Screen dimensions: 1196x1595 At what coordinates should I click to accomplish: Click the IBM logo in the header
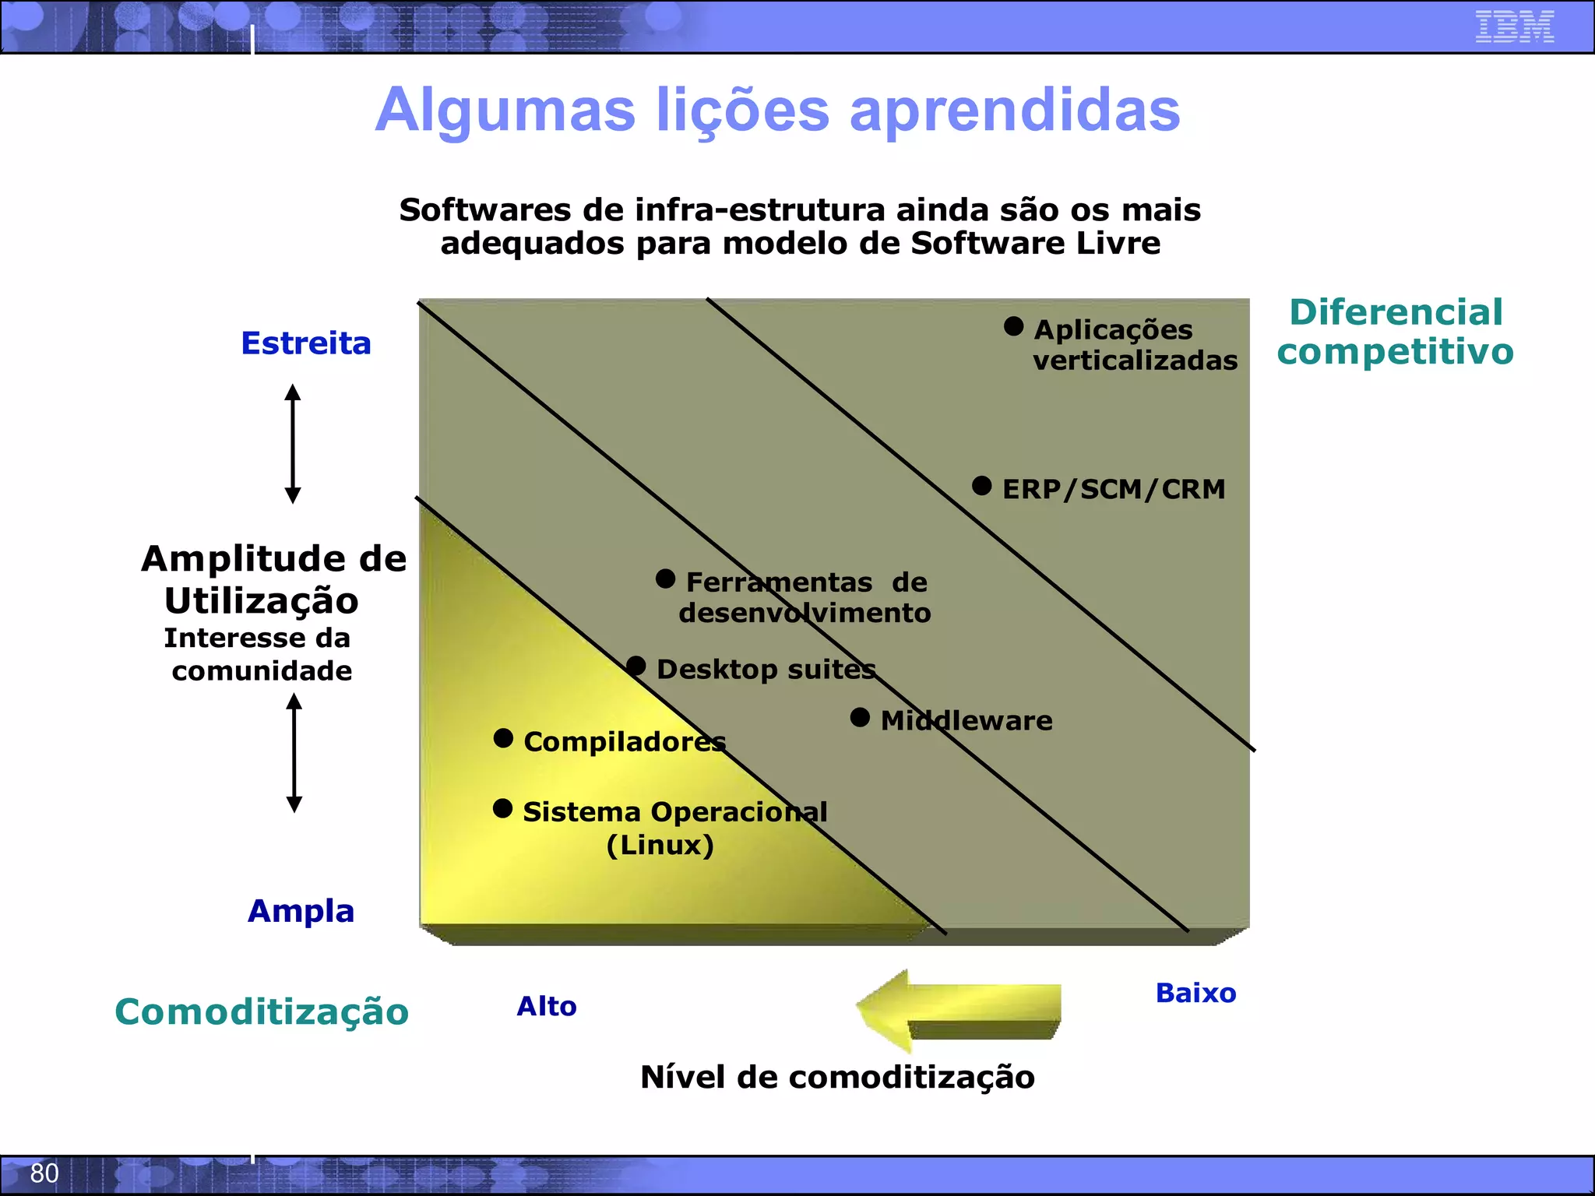[1514, 26]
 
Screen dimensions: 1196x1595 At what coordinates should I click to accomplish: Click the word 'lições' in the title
[743, 111]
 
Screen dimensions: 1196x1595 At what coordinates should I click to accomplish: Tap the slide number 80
[44, 1173]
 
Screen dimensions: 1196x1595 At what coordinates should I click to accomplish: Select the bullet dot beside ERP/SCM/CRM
[982, 487]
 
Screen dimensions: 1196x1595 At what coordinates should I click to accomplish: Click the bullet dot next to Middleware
[860, 717]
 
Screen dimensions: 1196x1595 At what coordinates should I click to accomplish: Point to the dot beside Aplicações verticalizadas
[1013, 326]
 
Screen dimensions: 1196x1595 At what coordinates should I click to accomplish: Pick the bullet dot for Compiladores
[503, 738]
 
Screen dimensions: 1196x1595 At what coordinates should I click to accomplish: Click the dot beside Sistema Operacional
[503, 808]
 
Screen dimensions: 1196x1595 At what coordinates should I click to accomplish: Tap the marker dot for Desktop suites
[636, 666]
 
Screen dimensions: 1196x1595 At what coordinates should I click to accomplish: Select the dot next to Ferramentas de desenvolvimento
[665, 579]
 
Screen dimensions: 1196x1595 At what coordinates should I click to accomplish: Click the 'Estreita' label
[306, 343]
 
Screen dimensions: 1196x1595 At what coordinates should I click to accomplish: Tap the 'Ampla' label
[301, 911]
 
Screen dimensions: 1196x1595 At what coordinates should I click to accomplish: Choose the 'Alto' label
[547, 1006]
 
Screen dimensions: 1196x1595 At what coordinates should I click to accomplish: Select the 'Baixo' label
[1195, 994]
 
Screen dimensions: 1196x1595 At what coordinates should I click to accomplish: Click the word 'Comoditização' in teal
[262, 1011]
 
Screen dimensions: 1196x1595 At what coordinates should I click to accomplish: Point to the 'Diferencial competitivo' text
[1395, 332]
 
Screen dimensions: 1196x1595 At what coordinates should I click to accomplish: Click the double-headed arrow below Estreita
[293, 443]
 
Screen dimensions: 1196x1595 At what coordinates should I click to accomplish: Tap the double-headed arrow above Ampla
[294, 753]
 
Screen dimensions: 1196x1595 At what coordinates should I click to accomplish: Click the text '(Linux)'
[660, 845]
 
